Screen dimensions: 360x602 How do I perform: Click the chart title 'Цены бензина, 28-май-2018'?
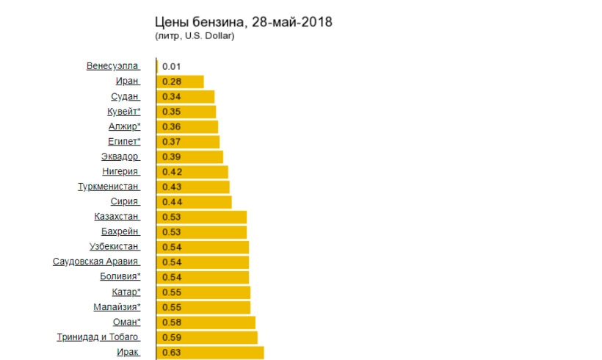click(x=244, y=22)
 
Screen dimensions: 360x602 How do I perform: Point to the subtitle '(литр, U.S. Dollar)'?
click(x=195, y=36)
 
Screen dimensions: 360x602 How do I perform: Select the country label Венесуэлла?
click(x=112, y=66)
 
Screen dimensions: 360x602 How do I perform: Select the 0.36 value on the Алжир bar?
click(x=171, y=126)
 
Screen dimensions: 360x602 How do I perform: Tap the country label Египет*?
click(x=124, y=141)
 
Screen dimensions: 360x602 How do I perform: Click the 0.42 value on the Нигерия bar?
click(x=171, y=171)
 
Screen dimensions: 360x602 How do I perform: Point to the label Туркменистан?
click(x=108, y=187)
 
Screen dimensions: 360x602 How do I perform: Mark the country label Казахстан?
click(x=116, y=217)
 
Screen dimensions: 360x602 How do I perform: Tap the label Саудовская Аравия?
click(x=95, y=262)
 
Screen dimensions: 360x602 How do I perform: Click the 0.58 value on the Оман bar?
click(x=171, y=322)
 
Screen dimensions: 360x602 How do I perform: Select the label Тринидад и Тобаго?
click(x=98, y=337)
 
